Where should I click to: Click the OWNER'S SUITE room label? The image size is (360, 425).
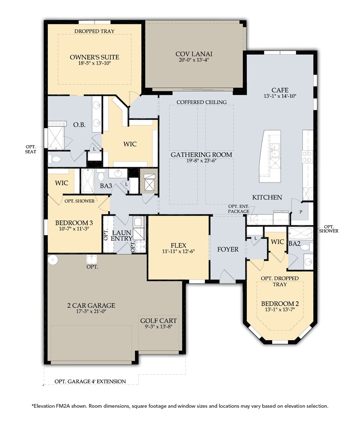tap(94, 57)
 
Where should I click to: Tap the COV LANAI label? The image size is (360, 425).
tap(194, 54)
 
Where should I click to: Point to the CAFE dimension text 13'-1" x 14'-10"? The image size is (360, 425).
tap(280, 96)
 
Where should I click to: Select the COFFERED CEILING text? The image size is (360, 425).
tap(201, 102)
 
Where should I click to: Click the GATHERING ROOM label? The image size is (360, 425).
tap(201, 155)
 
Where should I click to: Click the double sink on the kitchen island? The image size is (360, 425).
tap(275, 150)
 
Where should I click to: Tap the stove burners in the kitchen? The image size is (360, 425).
tap(307, 157)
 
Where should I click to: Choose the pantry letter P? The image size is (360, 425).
tap(301, 212)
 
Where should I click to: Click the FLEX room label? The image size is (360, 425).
tap(178, 245)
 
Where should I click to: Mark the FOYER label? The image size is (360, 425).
tap(228, 249)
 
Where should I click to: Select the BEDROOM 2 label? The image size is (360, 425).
tap(277, 303)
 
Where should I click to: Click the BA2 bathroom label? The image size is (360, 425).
tap(294, 243)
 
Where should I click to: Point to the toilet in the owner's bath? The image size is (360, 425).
tap(54, 159)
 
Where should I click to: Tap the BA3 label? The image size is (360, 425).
tap(106, 186)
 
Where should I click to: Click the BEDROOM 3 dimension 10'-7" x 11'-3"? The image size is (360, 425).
tap(74, 229)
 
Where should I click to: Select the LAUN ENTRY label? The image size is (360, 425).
tap(121, 236)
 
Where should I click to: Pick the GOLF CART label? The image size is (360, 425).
tap(159, 321)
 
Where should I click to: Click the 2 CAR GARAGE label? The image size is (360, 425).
tap(91, 305)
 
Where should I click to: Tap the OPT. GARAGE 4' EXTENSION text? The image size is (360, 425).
tap(90, 381)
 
